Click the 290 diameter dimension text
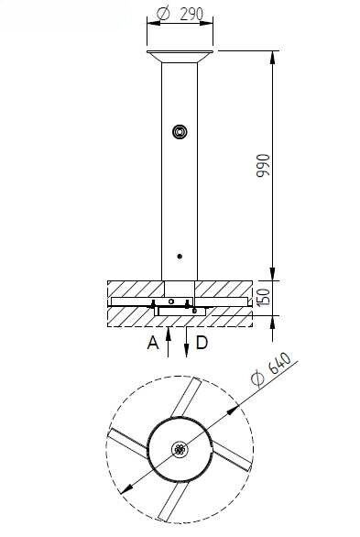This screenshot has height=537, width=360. tap(180, 14)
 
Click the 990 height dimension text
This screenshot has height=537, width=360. tap(263, 166)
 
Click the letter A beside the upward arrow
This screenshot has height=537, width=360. tap(153, 343)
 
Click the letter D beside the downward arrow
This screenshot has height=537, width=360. tap(202, 343)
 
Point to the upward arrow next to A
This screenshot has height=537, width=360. tap(168, 342)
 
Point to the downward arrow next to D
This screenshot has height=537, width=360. tap(187, 342)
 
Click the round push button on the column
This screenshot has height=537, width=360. tap(180, 132)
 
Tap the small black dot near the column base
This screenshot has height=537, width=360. tap(180, 257)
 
